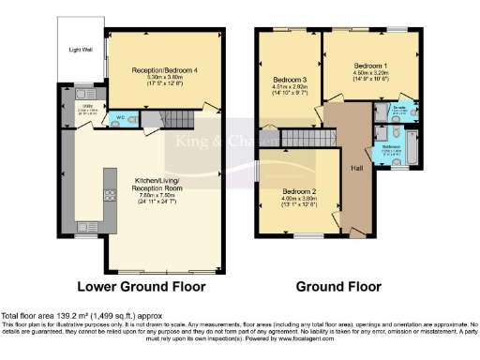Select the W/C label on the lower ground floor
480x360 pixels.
pos(116,118)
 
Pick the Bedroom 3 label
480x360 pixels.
pos(289,79)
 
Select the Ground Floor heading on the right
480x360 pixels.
pos(338,286)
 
